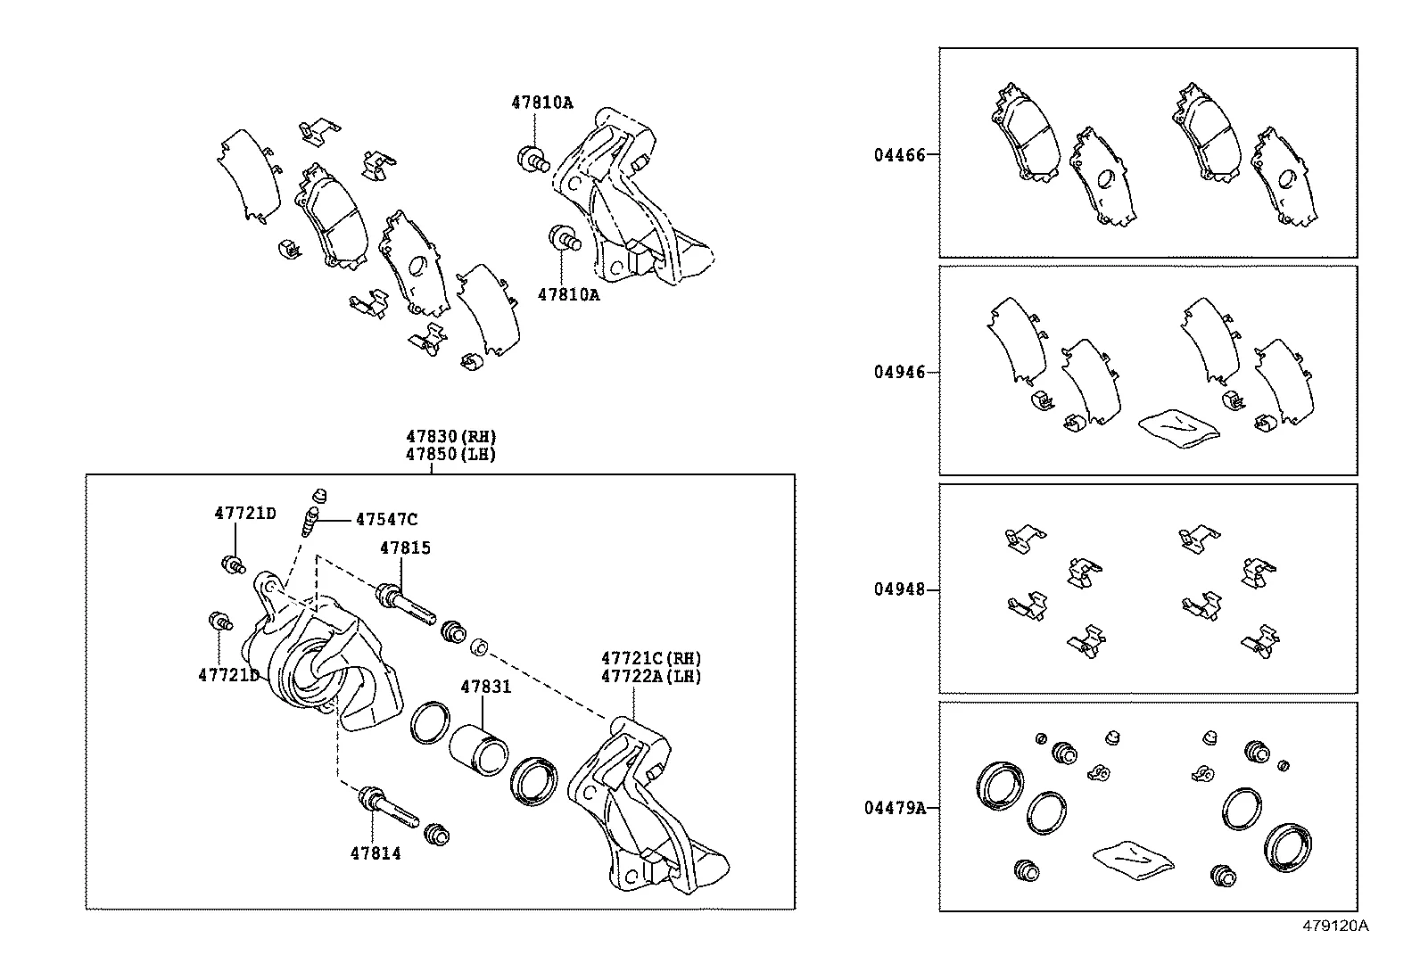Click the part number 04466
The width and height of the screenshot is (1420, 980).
tap(899, 154)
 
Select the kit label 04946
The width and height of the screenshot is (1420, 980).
tap(899, 372)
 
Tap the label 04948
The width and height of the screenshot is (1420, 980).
tap(899, 589)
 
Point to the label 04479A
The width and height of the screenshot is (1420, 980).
tap(895, 808)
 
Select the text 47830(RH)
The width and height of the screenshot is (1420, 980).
tap(451, 436)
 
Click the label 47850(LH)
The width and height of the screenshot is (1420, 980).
tap(451, 453)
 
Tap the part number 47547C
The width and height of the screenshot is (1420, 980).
tap(385, 519)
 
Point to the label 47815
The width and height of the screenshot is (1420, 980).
tap(405, 548)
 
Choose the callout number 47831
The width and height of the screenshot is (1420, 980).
tap(485, 687)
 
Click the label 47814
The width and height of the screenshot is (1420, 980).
tap(375, 853)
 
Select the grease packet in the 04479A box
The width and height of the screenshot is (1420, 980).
tap(1133, 857)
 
